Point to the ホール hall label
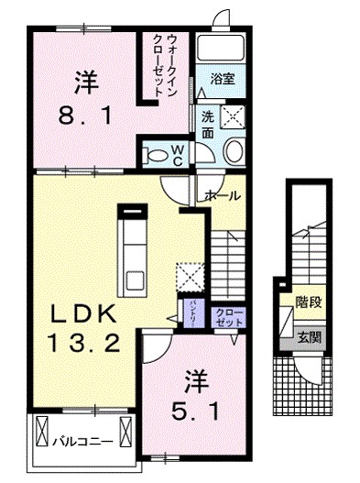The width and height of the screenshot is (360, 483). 224,196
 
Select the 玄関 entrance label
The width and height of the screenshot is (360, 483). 307,336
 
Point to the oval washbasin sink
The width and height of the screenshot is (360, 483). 233,153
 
